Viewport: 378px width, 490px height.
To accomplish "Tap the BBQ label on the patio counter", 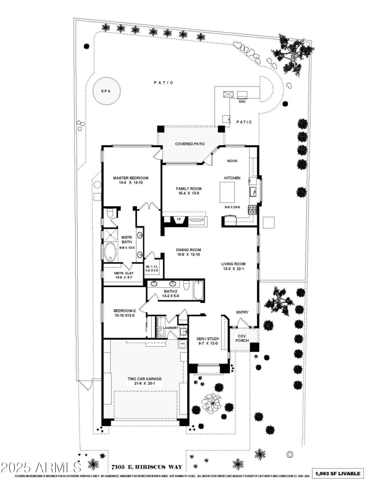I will (x=242, y=101).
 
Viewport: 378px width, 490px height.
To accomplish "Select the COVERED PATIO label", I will (x=190, y=144).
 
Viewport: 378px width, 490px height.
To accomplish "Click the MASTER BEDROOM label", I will (x=131, y=178).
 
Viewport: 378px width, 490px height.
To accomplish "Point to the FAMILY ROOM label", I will (x=182, y=188).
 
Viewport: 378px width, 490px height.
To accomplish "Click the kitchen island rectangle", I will (x=228, y=191).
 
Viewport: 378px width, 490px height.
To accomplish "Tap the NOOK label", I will (x=232, y=161).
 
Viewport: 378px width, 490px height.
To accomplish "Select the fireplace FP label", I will (x=179, y=219).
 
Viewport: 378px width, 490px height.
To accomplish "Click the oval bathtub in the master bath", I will (x=111, y=252).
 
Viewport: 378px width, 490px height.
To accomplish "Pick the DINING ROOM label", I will (x=189, y=250).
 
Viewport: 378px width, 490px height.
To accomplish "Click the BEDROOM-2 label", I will (x=125, y=310).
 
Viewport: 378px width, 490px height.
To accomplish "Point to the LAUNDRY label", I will (x=171, y=328).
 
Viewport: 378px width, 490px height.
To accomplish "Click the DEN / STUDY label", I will (x=206, y=339).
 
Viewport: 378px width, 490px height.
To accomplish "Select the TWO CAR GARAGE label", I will (x=145, y=379).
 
